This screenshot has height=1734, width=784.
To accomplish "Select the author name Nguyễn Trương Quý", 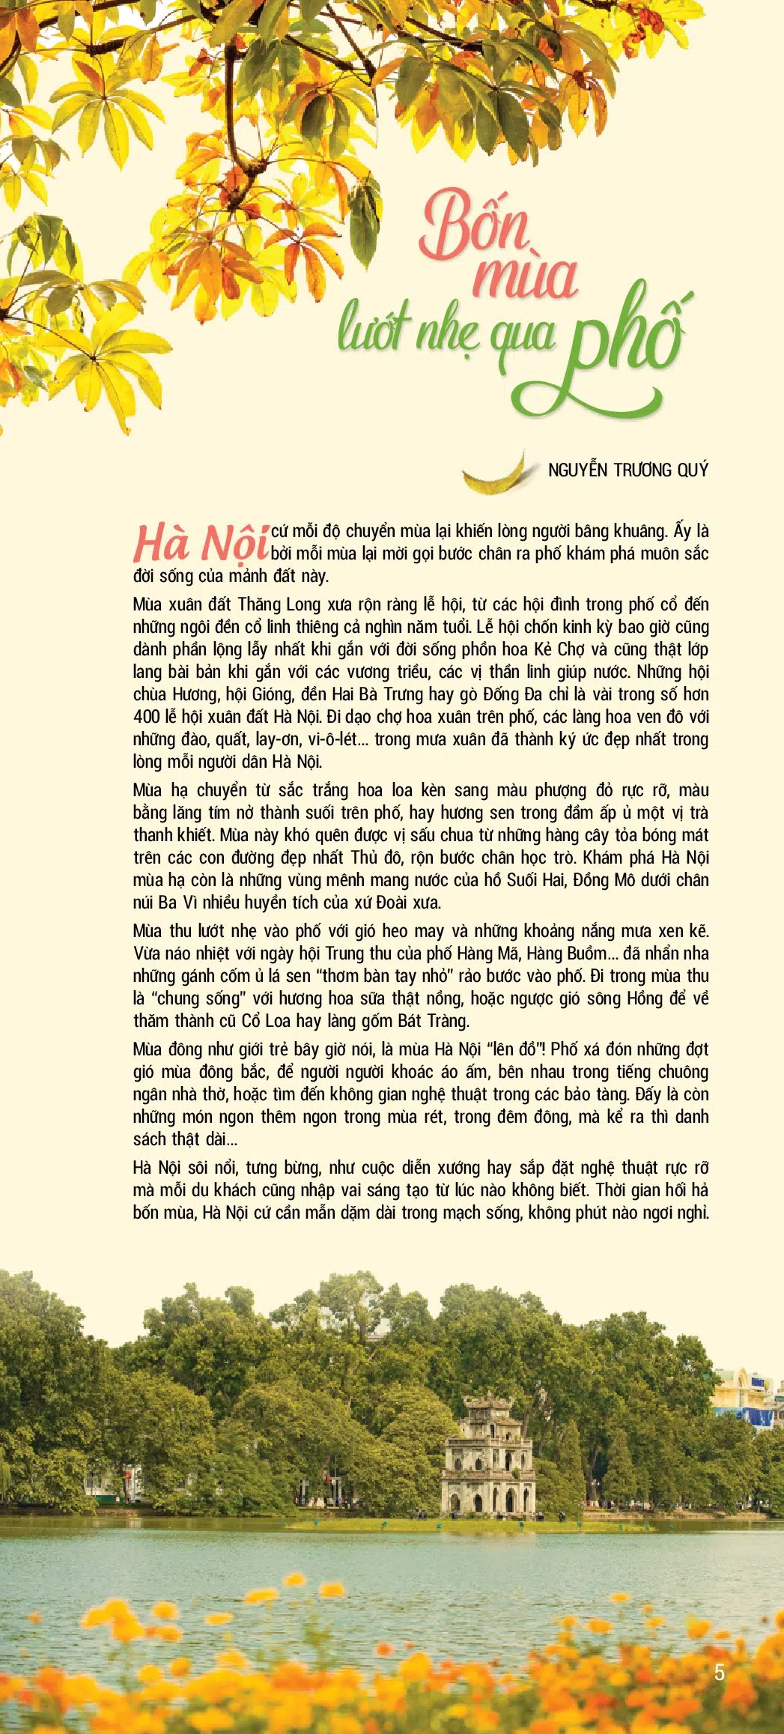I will (x=627, y=470).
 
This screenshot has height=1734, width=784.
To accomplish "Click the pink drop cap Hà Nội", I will (x=201, y=543).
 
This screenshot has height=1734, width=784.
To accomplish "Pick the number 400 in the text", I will (x=146, y=717).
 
